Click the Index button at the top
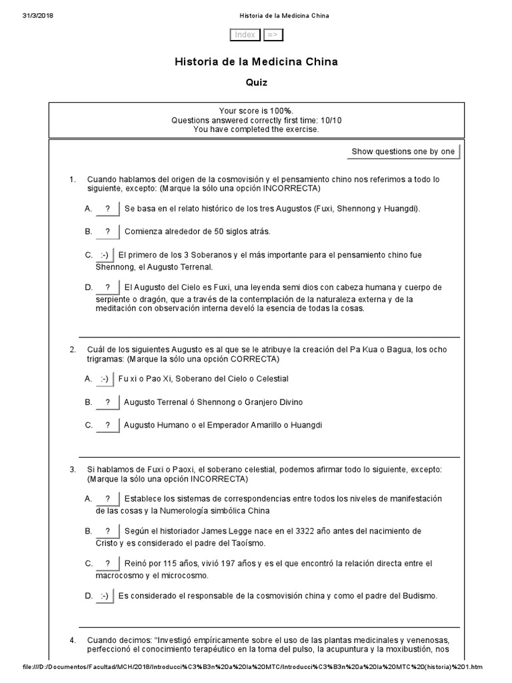tap(245, 35)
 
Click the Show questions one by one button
tap(403, 151)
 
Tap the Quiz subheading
tap(256, 83)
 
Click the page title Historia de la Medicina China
tap(256, 62)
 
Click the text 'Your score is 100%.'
tap(256, 111)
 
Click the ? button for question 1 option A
tap(107, 209)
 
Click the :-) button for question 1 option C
tap(105, 255)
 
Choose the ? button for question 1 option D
tap(107, 287)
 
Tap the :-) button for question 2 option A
tap(105, 379)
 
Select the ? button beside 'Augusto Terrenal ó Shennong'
tap(107, 402)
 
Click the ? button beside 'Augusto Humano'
tap(107, 426)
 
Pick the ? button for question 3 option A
tap(107, 499)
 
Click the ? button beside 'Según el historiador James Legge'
tap(107, 531)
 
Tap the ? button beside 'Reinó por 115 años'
tap(107, 564)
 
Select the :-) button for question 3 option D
tap(105, 596)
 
